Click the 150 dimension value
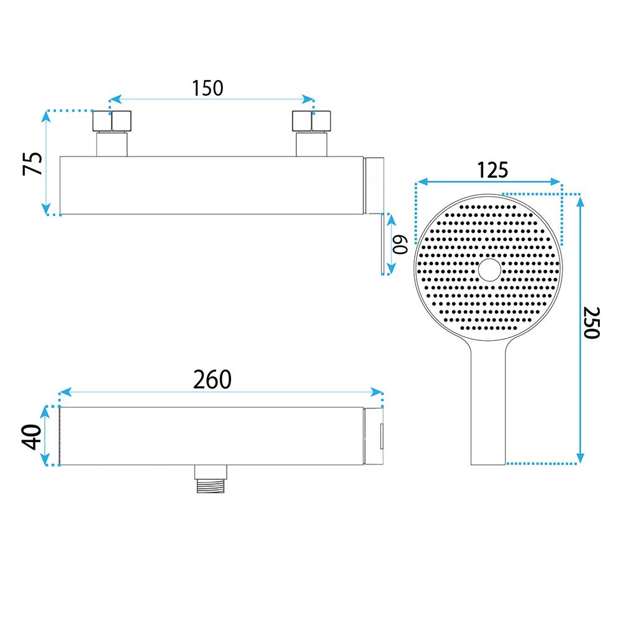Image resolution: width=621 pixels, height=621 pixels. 207,88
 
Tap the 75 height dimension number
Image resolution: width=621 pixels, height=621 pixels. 33,163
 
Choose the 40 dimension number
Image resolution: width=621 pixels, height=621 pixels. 31,437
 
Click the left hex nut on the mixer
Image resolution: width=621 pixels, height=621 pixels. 112,121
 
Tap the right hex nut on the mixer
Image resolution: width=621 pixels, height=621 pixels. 311,121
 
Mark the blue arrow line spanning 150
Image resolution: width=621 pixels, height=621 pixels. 212,99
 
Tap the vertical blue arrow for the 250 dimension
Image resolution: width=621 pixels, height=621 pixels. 580,329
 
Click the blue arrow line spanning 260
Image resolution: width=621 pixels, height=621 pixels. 220,391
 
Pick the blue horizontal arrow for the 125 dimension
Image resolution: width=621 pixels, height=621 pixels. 489,182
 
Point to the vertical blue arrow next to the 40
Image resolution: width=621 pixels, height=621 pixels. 47,436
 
